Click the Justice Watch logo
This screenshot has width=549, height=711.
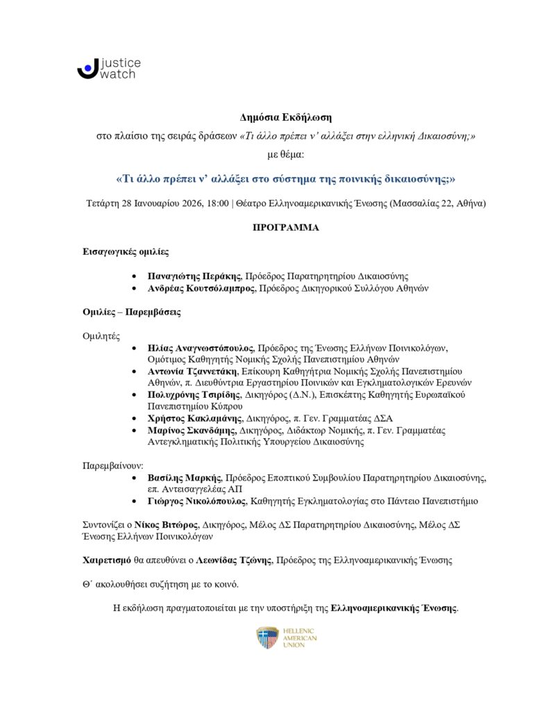click(108, 68)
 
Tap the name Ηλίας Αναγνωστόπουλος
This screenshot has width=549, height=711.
click(201, 347)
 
